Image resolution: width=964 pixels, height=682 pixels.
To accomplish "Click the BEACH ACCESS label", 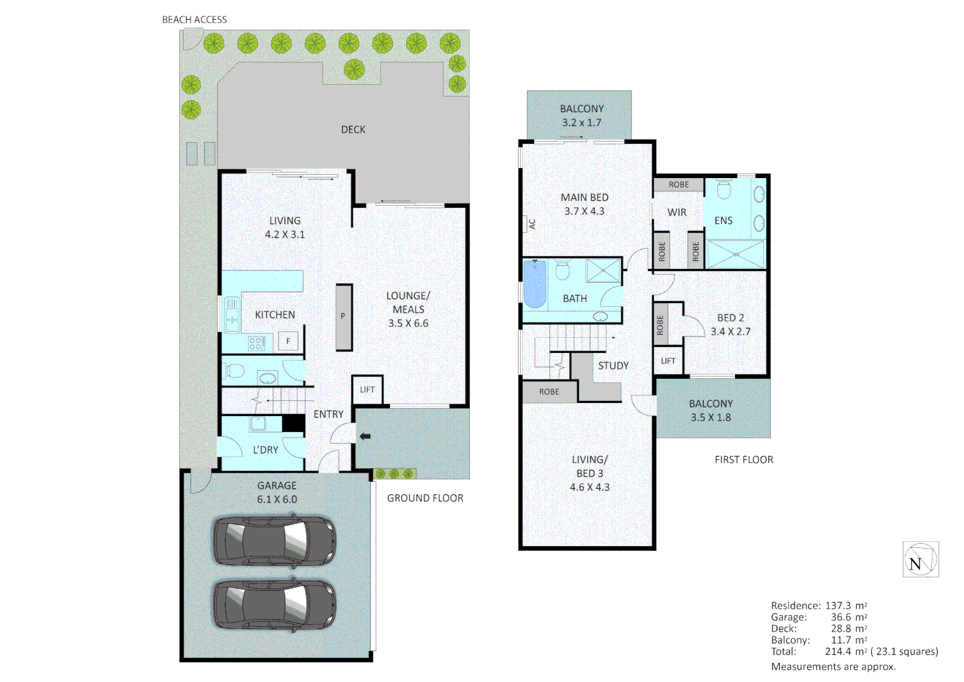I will (194, 20).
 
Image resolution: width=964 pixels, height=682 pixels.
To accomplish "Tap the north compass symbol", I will (920, 559).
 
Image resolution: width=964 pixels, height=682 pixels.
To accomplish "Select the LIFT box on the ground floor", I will (367, 390).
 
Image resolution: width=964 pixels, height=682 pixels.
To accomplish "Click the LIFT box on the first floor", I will (668, 361).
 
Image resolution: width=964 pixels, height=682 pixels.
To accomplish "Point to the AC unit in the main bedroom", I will (529, 224).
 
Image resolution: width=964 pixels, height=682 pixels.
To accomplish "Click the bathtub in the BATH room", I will (535, 284).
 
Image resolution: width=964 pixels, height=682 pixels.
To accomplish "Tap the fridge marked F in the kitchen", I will (288, 341).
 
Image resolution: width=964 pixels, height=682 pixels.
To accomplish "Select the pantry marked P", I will (343, 317).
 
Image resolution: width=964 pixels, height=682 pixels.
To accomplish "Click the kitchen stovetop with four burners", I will (257, 344).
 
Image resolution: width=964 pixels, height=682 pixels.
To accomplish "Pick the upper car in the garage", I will (274, 541).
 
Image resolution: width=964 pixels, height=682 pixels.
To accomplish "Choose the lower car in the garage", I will (274, 604).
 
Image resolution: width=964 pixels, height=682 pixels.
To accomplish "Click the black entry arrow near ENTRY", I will (365, 436).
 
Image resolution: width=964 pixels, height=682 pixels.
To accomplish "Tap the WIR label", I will (677, 212).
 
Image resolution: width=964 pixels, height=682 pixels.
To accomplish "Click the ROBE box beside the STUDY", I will (549, 392).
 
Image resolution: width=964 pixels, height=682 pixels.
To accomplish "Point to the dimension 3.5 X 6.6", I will (408, 323).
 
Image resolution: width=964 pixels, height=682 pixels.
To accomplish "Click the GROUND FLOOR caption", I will (425, 498).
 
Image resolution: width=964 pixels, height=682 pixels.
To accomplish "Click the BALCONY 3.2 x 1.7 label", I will (582, 116).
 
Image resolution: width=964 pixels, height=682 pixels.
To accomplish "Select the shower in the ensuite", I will (735, 254).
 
